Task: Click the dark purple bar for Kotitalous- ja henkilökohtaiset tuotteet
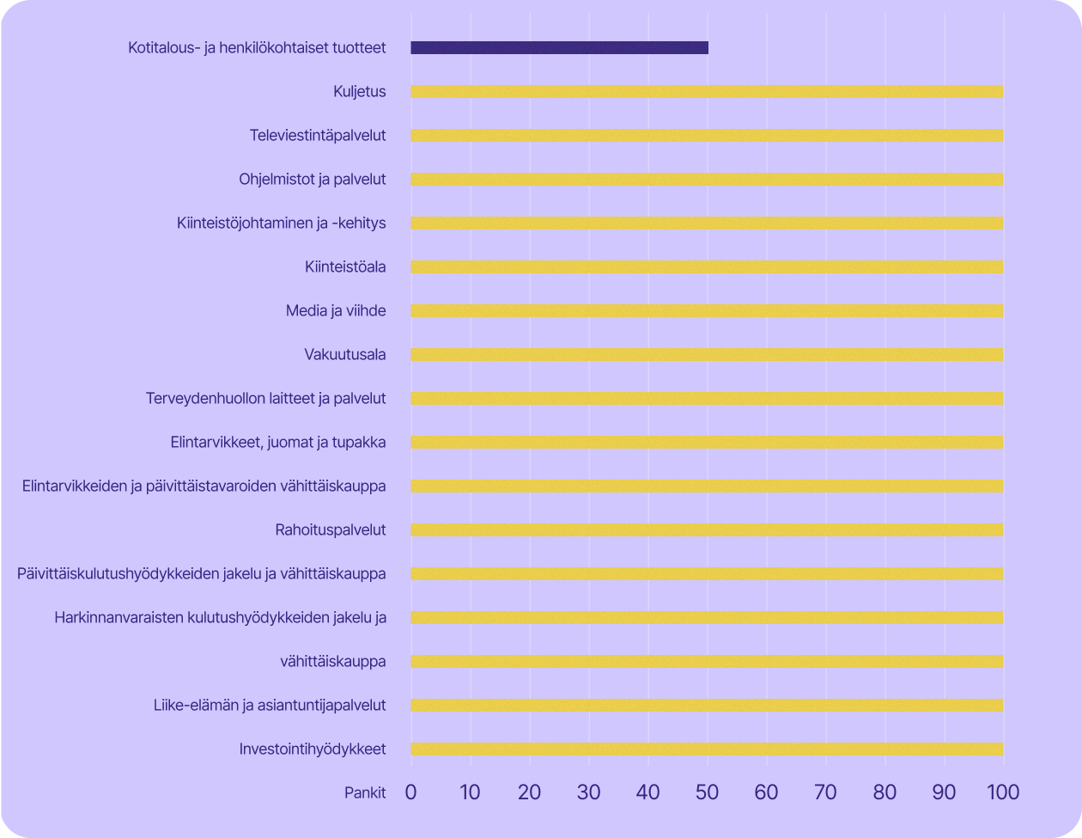pyautogui.click(x=559, y=47)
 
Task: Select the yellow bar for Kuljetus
pyautogui.click(x=707, y=91)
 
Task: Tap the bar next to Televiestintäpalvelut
pyautogui.click(x=707, y=135)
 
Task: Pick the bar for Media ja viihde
pyautogui.click(x=707, y=310)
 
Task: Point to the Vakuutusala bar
pyautogui.click(x=707, y=354)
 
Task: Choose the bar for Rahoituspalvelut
pyautogui.click(x=707, y=529)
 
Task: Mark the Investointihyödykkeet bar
pyautogui.click(x=707, y=749)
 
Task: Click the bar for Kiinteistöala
pyautogui.click(x=707, y=266)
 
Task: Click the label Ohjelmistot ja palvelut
pyautogui.click(x=312, y=179)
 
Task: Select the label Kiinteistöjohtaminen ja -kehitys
pyautogui.click(x=281, y=223)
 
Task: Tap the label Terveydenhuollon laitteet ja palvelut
pyautogui.click(x=265, y=398)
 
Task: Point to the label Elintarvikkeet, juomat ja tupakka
pyautogui.click(x=278, y=442)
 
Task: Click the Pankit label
pyautogui.click(x=365, y=792)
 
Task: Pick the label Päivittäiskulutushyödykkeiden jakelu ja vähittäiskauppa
pyautogui.click(x=201, y=573)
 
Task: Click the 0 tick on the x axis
pyautogui.click(x=410, y=792)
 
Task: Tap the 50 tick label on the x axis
pyautogui.click(x=707, y=792)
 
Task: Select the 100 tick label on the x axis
pyautogui.click(x=1002, y=792)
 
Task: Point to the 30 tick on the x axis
pyautogui.click(x=588, y=792)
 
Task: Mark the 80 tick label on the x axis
pyautogui.click(x=884, y=792)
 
